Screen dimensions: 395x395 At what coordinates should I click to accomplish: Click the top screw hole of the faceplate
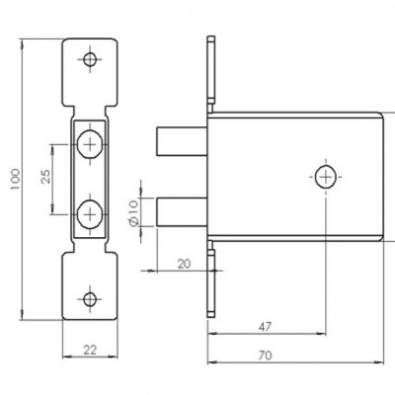91,59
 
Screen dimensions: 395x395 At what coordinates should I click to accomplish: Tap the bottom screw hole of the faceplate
91,297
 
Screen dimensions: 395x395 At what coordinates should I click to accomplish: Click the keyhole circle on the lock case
326,178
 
